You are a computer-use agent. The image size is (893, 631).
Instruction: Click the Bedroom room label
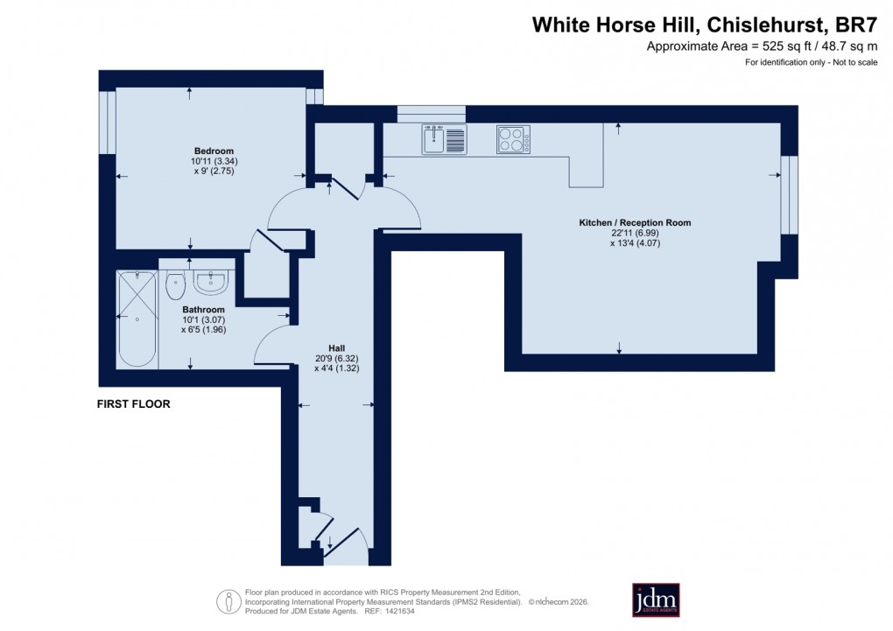pos(214,151)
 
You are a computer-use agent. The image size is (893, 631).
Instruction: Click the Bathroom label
pos(203,310)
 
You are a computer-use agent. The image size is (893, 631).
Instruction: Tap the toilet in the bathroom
pos(175,282)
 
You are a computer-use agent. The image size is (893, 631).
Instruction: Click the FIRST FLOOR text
pos(134,404)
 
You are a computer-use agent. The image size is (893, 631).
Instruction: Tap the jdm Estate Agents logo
pos(656,600)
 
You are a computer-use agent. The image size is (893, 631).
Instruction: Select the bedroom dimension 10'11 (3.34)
pos(214,161)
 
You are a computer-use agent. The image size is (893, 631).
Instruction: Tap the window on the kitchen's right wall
pos(789,195)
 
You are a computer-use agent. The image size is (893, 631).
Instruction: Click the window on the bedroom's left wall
pos(107,123)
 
